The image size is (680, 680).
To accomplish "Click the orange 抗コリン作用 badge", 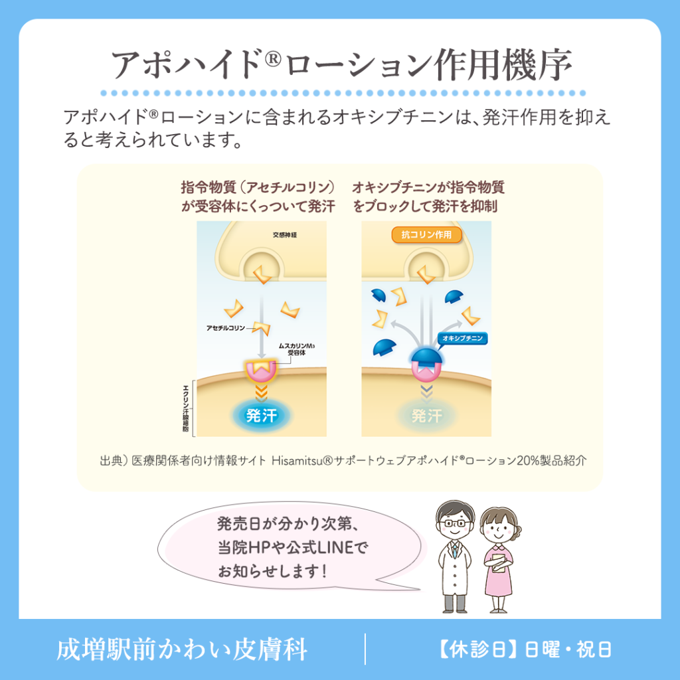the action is [426, 234].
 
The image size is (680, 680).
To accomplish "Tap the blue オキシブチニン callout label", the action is [462, 338].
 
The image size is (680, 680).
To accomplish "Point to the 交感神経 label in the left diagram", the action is [285, 235].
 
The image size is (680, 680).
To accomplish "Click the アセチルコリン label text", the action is [226, 328].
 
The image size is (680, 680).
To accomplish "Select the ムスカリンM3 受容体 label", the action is [297, 349].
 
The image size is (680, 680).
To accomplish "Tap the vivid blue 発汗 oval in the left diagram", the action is [261, 416].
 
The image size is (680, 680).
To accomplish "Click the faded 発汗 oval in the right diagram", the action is [426, 416].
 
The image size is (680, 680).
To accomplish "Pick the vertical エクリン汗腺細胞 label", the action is [186, 408].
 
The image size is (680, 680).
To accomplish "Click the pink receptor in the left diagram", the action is [261, 370].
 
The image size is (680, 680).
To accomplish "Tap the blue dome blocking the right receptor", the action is [426, 357].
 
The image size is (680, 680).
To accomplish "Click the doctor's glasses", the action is [454, 523].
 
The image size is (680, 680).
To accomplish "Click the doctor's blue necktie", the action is [454, 550].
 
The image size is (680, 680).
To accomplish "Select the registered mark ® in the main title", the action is [273, 58].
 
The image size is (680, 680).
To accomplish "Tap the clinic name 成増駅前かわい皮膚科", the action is [182, 649].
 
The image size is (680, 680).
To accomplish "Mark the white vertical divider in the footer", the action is [365, 649].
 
